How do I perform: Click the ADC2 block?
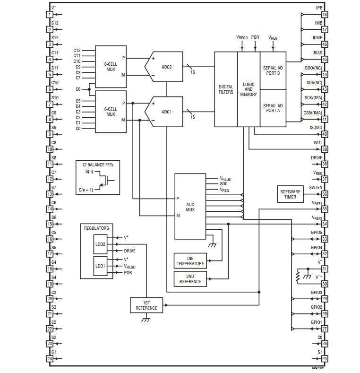click(164, 67)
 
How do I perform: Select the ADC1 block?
click(164, 112)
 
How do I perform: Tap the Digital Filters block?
click(226, 89)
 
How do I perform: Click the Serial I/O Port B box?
click(273, 70)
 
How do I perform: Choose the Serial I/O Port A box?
click(273, 108)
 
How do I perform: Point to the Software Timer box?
click(291, 194)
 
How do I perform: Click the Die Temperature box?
click(190, 261)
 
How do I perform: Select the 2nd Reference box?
click(190, 279)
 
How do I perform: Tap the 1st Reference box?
click(146, 305)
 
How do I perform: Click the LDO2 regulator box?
click(100, 244)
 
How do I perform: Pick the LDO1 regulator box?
click(100, 266)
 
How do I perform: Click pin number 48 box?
click(325, 15)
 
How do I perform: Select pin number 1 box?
click(50, 15)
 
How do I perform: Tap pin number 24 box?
click(50, 358)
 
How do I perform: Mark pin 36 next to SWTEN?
click(325, 194)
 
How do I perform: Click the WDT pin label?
click(317, 143)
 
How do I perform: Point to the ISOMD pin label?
click(316, 128)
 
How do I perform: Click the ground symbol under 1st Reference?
click(146, 319)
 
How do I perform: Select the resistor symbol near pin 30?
click(298, 277)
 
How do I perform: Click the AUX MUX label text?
click(190, 207)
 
